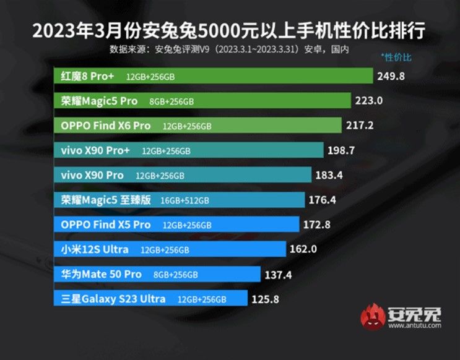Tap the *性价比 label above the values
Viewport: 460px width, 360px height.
pos(396,58)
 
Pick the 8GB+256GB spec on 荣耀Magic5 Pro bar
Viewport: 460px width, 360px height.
pos(171,101)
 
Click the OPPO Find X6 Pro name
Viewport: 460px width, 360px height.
pos(105,126)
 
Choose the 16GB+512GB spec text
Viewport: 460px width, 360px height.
pos(184,200)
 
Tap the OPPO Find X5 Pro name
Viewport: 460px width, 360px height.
pos(105,225)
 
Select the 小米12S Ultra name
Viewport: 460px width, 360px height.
pos(95,249)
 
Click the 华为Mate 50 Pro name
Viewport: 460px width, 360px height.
pos(101,274)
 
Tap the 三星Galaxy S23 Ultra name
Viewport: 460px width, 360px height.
pos(113,299)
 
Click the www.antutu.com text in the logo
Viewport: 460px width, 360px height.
pos(414,326)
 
